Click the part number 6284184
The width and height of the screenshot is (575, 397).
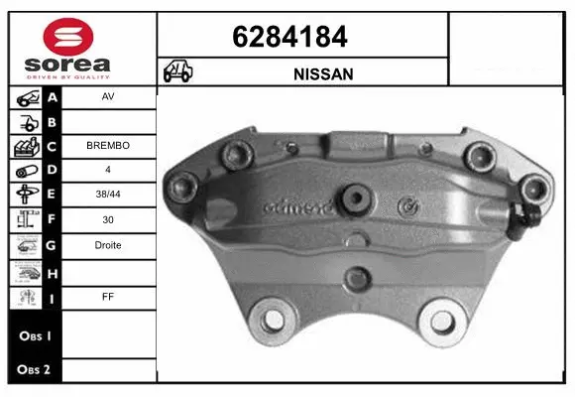click(x=289, y=37)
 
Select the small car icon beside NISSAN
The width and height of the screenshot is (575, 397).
click(x=179, y=72)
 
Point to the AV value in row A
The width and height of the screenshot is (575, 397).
click(x=108, y=98)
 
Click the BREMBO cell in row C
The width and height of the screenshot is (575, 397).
click(x=108, y=146)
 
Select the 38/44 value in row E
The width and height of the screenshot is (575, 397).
click(x=108, y=196)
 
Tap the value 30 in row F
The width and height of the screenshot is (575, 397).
click(x=108, y=220)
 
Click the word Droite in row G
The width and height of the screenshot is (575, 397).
click(x=108, y=245)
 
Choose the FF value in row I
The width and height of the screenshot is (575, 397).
click(x=108, y=295)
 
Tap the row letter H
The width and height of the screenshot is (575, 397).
click(x=53, y=270)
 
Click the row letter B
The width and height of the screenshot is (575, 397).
click(x=53, y=122)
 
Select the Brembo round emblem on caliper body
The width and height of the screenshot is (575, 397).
click(x=403, y=207)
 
